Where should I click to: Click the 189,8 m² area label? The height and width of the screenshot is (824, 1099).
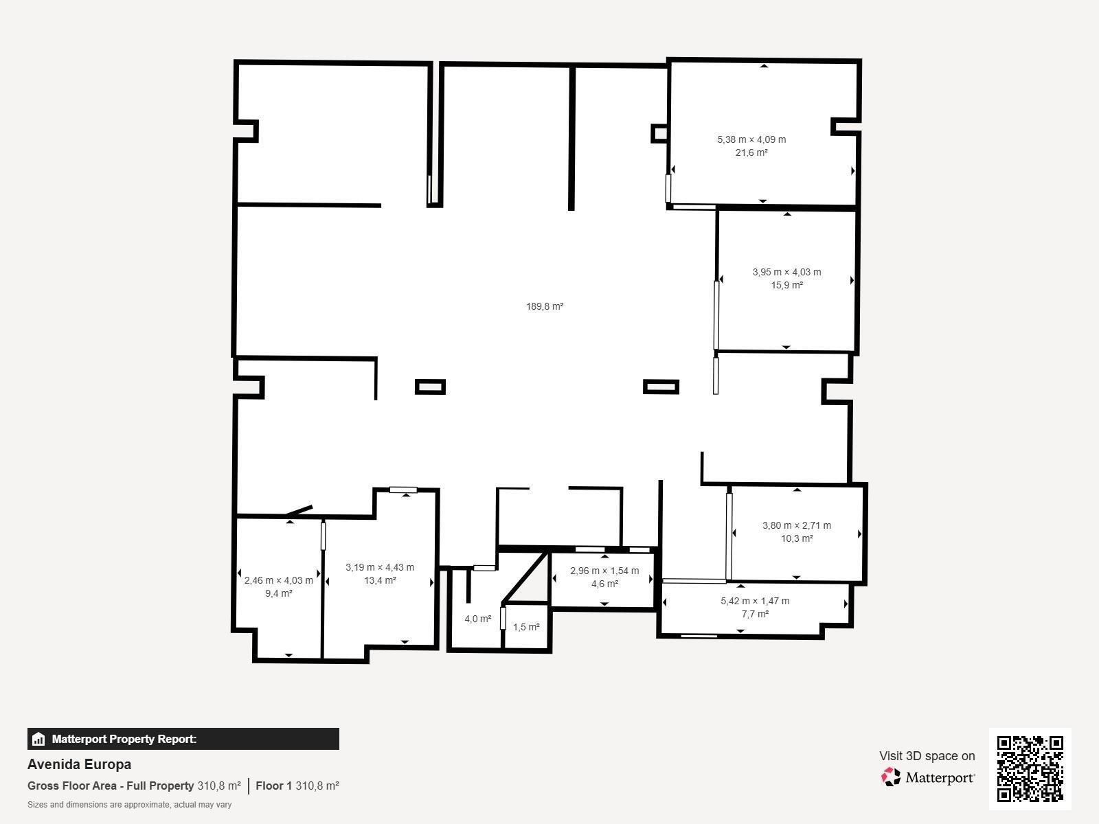click(x=545, y=306)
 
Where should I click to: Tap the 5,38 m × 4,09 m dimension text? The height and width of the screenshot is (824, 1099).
click(x=751, y=139)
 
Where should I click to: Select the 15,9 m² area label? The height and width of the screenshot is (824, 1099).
click(x=786, y=285)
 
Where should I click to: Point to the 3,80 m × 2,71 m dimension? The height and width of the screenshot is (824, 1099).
click(x=797, y=525)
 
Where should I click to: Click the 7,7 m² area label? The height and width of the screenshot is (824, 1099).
click(x=755, y=614)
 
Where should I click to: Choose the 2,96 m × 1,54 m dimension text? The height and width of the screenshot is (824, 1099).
click(x=604, y=571)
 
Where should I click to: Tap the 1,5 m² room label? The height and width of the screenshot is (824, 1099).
click(x=526, y=627)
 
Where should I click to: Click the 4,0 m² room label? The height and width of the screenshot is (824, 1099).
click(x=477, y=619)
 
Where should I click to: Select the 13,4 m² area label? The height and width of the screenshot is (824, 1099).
click(x=380, y=580)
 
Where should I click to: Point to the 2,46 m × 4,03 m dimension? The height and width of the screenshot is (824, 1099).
click(x=278, y=580)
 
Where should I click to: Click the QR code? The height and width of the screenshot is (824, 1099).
click(x=1030, y=769)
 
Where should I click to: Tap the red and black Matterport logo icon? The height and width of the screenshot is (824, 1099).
click(x=891, y=777)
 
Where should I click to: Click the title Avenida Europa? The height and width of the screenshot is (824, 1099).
click(x=79, y=764)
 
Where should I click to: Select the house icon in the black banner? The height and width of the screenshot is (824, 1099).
click(x=38, y=739)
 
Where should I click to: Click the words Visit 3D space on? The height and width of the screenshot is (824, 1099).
click(x=927, y=756)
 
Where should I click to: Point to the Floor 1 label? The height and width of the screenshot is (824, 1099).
click(x=273, y=786)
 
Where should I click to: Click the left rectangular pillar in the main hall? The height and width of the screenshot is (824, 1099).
click(x=430, y=387)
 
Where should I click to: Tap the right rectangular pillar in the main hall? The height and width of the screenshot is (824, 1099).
click(x=661, y=387)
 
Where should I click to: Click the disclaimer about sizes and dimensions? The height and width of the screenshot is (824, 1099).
click(x=129, y=805)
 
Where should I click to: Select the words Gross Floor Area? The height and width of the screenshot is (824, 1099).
click(x=71, y=786)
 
